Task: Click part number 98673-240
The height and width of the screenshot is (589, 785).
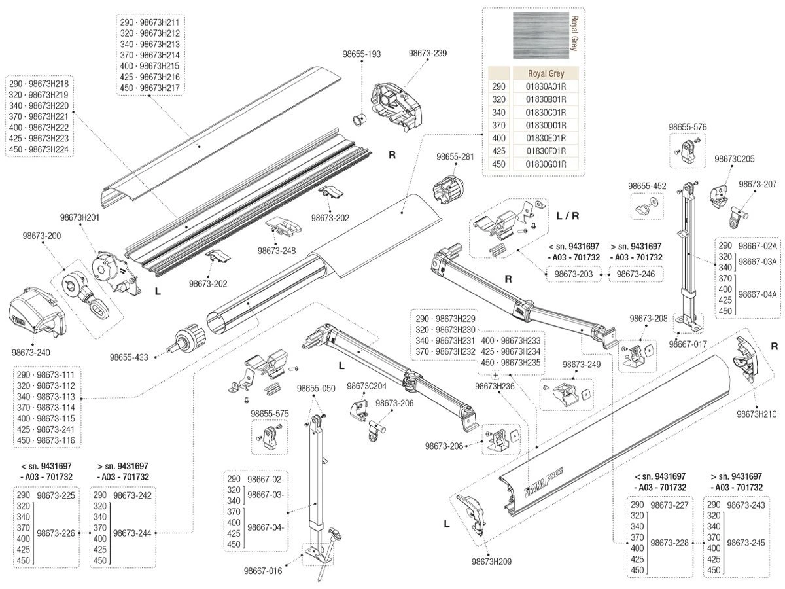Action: pyautogui.click(x=30, y=351)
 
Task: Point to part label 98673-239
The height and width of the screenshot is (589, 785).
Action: pyautogui.click(x=428, y=54)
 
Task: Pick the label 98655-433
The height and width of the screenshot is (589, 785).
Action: pyautogui.click(x=129, y=357)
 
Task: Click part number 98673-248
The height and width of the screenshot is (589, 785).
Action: pyautogui.click(x=277, y=250)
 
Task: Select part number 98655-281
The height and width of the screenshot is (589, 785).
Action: pyautogui.click(x=455, y=157)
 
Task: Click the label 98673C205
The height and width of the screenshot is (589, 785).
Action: pyautogui.click(x=734, y=158)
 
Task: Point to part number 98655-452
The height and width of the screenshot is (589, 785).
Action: pyautogui.click(x=647, y=186)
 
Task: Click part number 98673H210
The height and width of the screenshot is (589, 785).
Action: pyautogui.click(x=756, y=414)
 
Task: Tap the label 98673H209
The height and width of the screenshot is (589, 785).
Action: pyautogui.click(x=491, y=561)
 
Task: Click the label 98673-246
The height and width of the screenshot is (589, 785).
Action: pyautogui.click(x=636, y=274)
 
